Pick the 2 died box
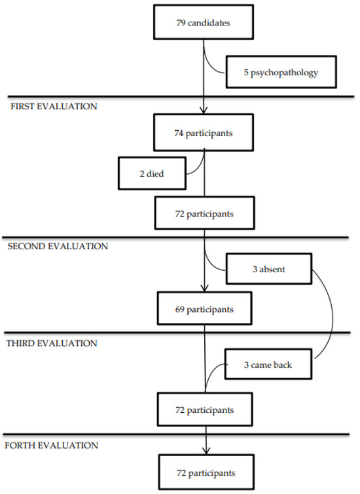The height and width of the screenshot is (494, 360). tap(151, 173)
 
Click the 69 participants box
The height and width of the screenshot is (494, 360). tap(204, 308)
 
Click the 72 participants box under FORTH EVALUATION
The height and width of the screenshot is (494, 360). tap(204, 471)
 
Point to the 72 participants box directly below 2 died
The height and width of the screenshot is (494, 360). tap(204, 214)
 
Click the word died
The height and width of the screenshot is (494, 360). tap(156, 173)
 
